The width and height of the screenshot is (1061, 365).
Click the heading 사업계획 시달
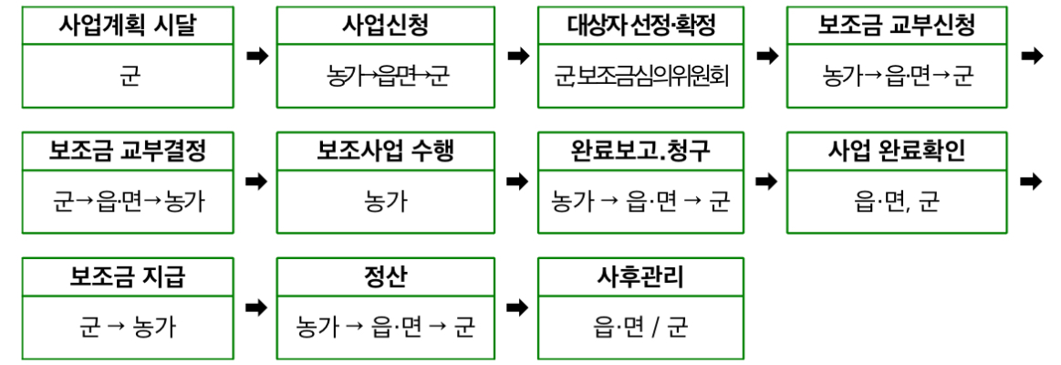(129, 26)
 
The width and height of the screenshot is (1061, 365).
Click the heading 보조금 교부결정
(129, 151)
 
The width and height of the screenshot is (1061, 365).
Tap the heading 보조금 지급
(128, 276)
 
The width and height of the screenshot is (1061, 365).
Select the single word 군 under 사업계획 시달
(129, 76)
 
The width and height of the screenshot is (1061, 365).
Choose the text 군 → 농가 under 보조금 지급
(128, 326)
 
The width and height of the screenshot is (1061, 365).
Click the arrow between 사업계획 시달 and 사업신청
(257, 57)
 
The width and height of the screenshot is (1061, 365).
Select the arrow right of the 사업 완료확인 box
(1031, 182)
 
